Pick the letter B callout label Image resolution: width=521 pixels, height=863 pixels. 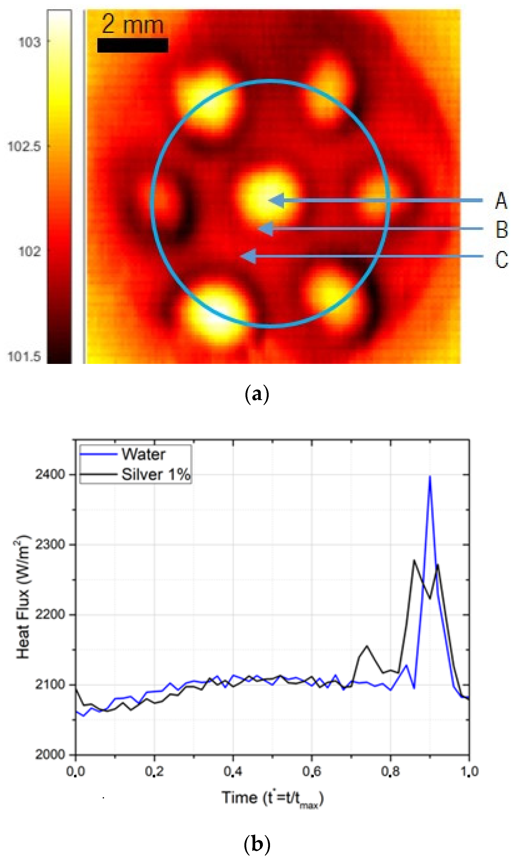pyautogui.click(x=501, y=230)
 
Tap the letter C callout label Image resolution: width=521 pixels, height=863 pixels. pyautogui.click(x=501, y=260)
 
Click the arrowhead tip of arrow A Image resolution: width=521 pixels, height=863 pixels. pyautogui.click(x=269, y=200)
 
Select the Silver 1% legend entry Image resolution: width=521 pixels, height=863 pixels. pyautogui.click(x=156, y=475)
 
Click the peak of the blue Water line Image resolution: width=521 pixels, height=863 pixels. pyautogui.click(x=430, y=477)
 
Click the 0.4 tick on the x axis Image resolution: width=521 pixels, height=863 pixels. pyautogui.click(x=233, y=771)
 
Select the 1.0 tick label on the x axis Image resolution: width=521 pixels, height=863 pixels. pyautogui.click(x=469, y=771)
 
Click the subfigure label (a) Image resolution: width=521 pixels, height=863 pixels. pyautogui.click(x=257, y=394)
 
